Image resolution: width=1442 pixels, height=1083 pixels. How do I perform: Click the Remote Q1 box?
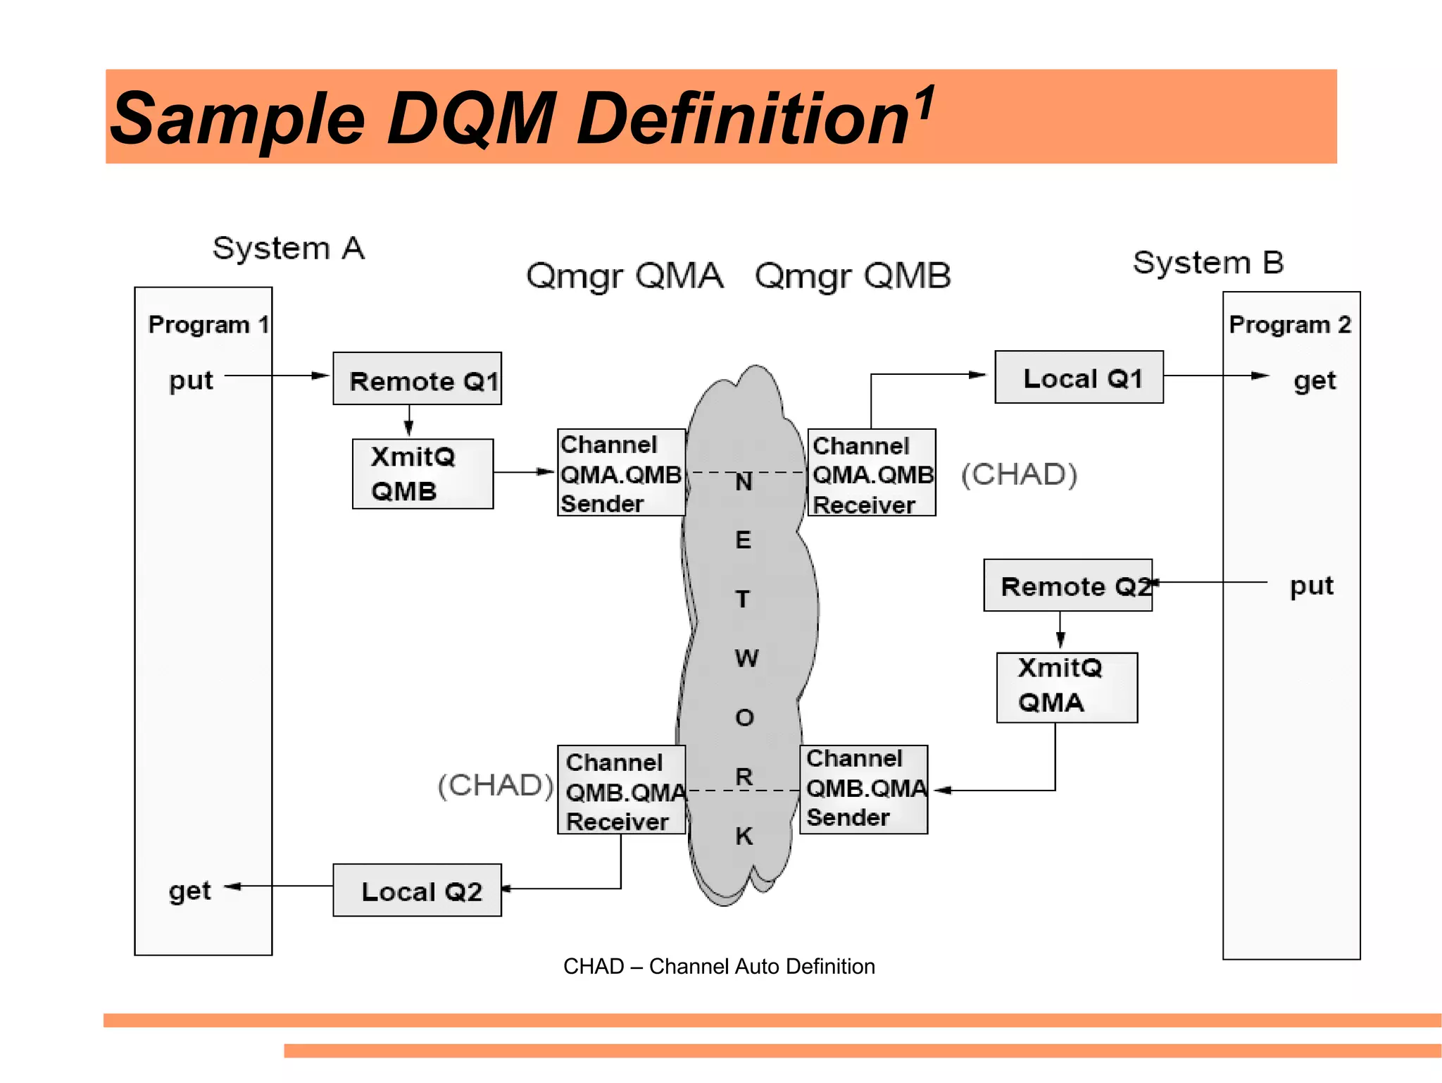pyautogui.click(x=417, y=379)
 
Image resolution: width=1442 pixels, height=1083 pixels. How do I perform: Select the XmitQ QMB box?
pyautogui.click(x=422, y=474)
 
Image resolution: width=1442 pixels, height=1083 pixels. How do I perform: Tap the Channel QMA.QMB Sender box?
pyautogui.click(x=621, y=473)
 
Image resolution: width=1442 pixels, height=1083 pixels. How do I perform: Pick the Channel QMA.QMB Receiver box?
pyautogui.click(x=872, y=473)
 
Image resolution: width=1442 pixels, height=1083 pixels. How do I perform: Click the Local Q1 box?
pyautogui.click(x=1079, y=377)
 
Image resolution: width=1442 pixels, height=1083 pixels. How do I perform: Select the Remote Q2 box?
pyautogui.click(x=1067, y=585)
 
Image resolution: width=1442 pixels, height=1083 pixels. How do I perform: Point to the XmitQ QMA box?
pyautogui.click(x=1067, y=687)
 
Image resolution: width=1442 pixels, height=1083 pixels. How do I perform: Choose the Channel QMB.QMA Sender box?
pyautogui.click(x=864, y=789)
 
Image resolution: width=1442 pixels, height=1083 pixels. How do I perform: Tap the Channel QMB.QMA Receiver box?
pyautogui.click(x=621, y=790)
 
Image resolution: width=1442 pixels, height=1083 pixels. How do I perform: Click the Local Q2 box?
pyautogui.click(x=417, y=890)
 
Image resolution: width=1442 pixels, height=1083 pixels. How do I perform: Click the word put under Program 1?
pyautogui.click(x=191, y=380)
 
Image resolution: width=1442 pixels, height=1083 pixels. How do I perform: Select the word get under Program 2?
pyautogui.click(x=1314, y=380)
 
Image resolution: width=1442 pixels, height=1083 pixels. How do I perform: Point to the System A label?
pyautogui.click(x=289, y=248)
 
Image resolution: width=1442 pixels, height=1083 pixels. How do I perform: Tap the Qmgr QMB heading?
pyautogui.click(x=853, y=276)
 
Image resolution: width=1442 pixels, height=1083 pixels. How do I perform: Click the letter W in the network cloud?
pyautogui.click(x=746, y=658)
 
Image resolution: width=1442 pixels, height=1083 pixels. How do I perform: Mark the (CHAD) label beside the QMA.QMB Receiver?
pyautogui.click(x=1020, y=474)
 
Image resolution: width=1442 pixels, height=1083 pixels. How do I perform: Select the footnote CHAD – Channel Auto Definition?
pyautogui.click(x=719, y=966)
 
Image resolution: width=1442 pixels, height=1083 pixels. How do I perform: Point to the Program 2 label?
pyautogui.click(x=1289, y=324)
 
